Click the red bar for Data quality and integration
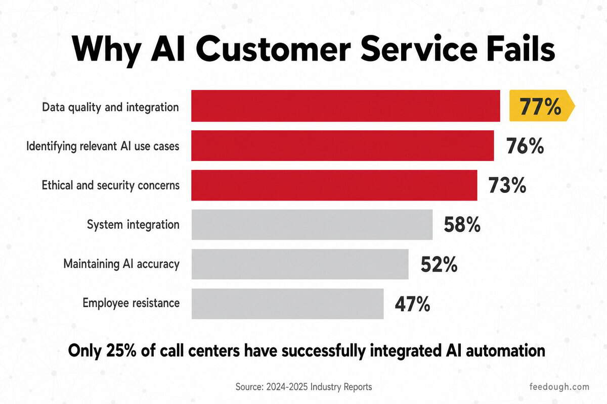coord(345,106)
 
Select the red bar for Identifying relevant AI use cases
coord(342,145)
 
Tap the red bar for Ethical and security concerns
coord(334,185)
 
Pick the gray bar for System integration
coord(312,225)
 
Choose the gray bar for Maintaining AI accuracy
coord(300,264)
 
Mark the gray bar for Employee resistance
coord(287,304)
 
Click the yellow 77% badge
coord(542,106)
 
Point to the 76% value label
coord(525,146)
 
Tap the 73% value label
coord(507,185)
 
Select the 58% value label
coord(462,225)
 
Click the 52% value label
coord(439,265)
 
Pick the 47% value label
coord(412,304)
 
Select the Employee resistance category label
coord(131,303)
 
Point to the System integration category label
coord(133,225)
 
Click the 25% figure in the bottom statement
coord(121,350)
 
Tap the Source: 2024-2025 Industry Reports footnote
coord(303,387)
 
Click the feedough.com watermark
coord(559,387)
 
